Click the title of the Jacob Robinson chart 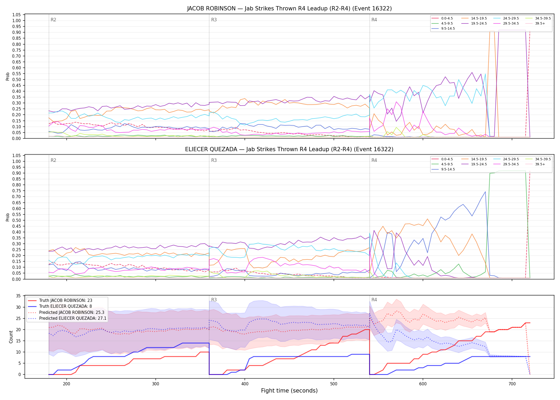tap(289, 9)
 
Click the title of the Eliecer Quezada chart tap(289, 149)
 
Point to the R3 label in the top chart tap(214, 20)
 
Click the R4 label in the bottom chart tap(374, 300)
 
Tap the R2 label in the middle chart tap(53, 160)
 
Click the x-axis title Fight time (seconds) tap(289, 391)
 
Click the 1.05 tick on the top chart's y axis tap(17, 15)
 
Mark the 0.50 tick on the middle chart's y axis tap(17, 220)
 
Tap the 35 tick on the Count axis tap(18, 296)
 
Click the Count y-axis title tap(11, 337)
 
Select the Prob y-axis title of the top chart tap(8, 77)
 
